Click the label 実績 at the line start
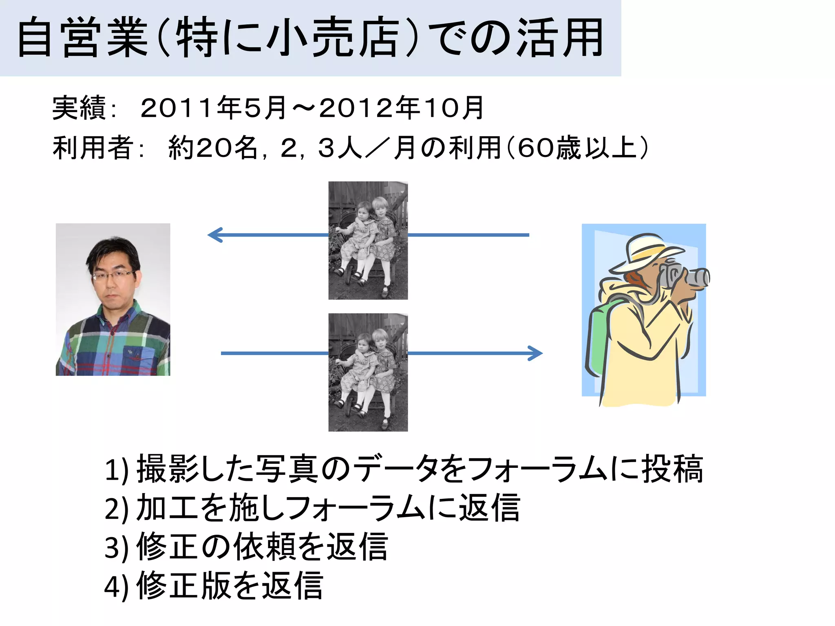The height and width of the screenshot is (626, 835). point(80,108)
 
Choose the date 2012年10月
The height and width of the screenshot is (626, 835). point(401,108)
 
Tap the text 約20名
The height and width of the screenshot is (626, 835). point(212,148)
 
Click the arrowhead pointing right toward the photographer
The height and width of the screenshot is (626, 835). point(536,353)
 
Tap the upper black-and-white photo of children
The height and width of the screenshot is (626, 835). point(368,240)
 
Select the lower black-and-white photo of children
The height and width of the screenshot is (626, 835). point(368,372)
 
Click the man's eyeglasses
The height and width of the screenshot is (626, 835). point(114,276)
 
